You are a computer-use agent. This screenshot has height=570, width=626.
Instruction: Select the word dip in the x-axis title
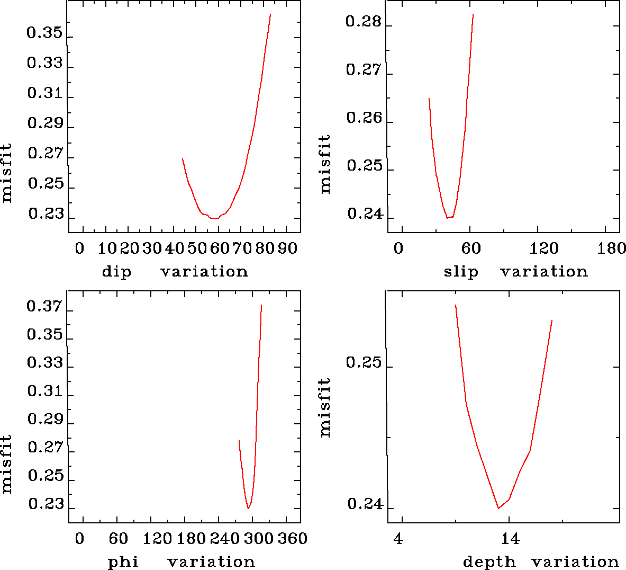116,272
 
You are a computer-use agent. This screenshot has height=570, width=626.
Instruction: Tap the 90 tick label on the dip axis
288,248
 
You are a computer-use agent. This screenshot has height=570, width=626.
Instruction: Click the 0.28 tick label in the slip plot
363,22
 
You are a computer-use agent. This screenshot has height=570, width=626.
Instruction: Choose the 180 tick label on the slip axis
611,248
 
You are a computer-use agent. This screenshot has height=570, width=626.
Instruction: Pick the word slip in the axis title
460,272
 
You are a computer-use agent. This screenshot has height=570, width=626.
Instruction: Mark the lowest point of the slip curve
448,218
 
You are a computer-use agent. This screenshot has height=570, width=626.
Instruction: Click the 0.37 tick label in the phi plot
44,307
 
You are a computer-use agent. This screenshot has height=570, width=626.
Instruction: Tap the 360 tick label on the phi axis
293,539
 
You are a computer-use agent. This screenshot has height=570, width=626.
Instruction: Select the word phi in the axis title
123,562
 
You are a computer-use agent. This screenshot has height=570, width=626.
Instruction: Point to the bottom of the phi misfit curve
248,509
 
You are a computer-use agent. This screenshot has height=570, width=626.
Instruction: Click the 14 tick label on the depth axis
510,539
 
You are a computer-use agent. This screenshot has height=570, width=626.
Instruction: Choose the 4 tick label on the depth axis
398,539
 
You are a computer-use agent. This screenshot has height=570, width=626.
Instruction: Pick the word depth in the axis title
489,562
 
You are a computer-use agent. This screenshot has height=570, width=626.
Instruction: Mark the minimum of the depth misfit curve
498,509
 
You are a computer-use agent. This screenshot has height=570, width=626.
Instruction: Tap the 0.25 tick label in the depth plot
364,363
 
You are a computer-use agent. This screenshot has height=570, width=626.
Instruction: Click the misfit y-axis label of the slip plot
325,164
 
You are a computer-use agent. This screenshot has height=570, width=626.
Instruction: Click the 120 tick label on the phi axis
158,539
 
